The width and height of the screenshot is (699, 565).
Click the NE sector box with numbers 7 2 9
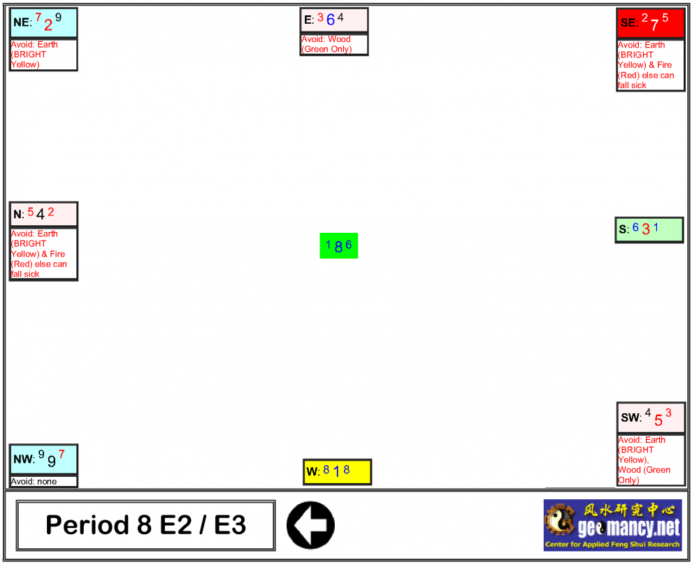(x=43, y=23)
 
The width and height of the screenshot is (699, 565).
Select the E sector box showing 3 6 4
(x=334, y=20)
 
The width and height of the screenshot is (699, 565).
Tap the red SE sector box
(x=650, y=23)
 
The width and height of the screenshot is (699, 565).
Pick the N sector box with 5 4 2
(x=43, y=214)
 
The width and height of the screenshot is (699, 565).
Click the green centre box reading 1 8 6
(x=339, y=245)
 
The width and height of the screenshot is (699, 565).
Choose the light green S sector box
(x=649, y=229)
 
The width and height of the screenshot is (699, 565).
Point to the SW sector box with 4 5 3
(x=651, y=417)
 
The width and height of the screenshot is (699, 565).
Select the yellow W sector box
(x=337, y=472)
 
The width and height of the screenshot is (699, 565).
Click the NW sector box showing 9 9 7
(x=43, y=459)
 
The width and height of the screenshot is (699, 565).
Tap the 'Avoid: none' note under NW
(x=43, y=482)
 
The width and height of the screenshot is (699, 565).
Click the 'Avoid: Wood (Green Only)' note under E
(x=334, y=44)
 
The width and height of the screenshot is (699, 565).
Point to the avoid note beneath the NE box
(x=43, y=55)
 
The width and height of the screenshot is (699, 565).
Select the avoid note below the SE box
(x=650, y=65)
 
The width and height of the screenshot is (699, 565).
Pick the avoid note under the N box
(x=43, y=254)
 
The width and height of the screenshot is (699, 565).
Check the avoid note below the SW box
(x=651, y=460)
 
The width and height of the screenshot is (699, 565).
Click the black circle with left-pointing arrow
(x=310, y=525)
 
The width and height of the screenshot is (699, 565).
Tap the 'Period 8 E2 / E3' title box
(x=145, y=525)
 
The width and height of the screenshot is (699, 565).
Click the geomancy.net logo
(x=612, y=525)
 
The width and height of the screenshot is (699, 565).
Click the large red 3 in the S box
(x=646, y=229)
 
